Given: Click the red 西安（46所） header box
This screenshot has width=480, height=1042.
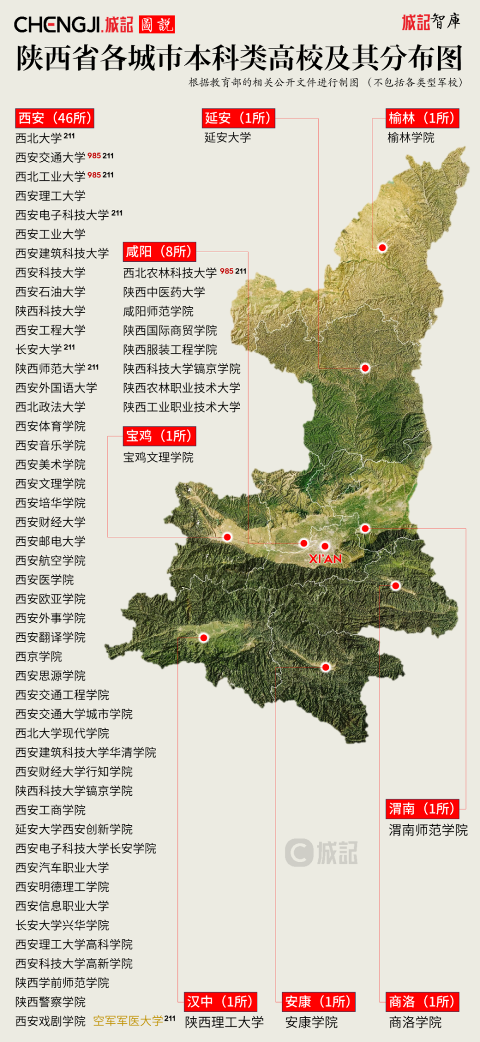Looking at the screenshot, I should [54, 118].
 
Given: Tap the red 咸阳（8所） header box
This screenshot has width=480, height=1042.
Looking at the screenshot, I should [159, 252].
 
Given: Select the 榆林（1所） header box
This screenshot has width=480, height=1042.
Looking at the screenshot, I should [422, 118].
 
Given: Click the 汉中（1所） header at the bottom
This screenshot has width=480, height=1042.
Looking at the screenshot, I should [220, 1002].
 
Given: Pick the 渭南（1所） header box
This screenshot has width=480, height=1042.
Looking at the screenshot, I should [422, 809].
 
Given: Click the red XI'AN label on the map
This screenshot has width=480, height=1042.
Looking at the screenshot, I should [325, 559].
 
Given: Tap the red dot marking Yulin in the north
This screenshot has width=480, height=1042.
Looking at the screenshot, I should [382, 248].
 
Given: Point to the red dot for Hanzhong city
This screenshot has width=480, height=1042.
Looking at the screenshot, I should [204, 638].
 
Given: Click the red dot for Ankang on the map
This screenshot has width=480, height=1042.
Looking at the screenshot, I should [325, 667].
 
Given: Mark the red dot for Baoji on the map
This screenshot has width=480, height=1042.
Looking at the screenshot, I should [228, 537].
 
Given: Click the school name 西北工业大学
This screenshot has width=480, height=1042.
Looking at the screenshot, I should [50, 177].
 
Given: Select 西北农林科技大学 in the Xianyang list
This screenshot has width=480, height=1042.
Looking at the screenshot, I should [170, 273].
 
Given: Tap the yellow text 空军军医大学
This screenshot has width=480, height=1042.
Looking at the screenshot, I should [128, 1021].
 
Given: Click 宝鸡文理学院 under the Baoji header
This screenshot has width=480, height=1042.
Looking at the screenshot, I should [158, 457].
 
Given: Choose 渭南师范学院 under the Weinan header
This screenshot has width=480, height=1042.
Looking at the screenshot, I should [428, 830].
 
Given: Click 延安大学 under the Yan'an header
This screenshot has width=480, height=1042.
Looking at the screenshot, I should [228, 137].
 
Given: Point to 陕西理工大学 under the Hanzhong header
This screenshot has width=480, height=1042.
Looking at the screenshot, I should [224, 1022].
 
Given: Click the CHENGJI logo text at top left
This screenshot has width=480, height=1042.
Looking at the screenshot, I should [57, 24].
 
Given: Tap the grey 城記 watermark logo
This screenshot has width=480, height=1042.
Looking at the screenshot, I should [322, 853].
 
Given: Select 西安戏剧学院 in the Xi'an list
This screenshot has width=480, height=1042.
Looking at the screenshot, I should [50, 1021].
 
